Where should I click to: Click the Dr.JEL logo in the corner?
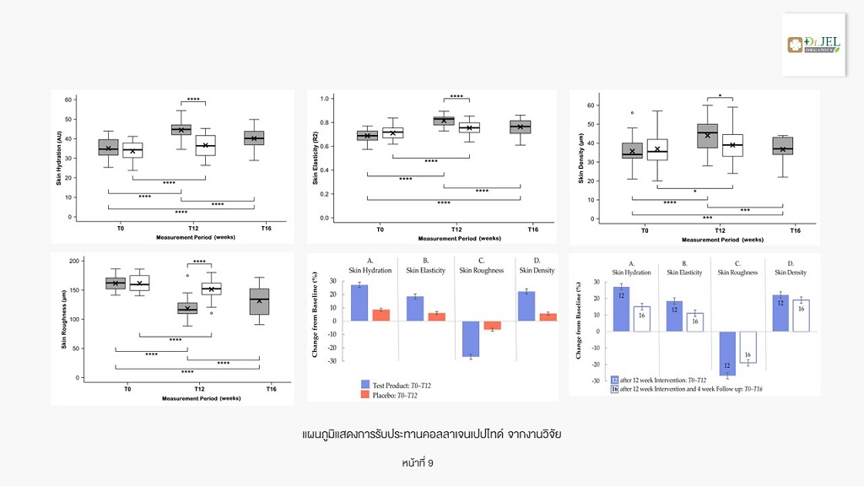813,45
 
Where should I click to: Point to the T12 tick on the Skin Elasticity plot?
456,229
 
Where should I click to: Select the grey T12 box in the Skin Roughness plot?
187,308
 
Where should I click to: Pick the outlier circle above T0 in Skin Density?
632,112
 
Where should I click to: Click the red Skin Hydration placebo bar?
381,315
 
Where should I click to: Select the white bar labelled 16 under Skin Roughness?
748,347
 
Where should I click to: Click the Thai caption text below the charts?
431,434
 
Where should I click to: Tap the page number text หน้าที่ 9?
418,463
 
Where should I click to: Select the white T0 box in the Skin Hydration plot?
132,150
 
